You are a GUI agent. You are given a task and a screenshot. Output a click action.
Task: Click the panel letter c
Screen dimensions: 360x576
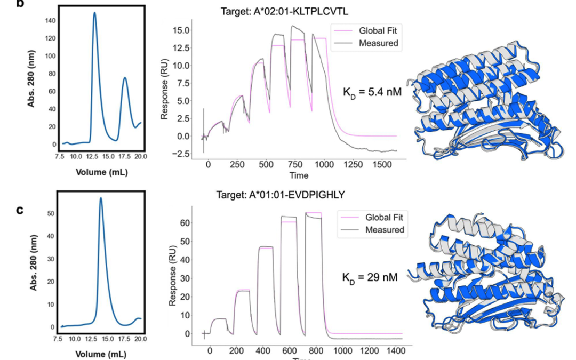[20, 209]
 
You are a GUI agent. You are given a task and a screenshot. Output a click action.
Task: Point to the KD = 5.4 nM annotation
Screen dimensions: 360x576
[372, 92]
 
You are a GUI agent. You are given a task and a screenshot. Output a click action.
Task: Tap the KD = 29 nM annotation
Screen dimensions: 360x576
[370, 277]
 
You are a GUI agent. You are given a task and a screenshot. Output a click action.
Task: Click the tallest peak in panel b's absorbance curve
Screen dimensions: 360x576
[94, 13]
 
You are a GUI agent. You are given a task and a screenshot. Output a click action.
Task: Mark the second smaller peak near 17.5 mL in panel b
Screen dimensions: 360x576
[125, 78]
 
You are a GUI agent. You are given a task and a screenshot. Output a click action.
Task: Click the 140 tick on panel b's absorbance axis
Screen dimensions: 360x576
[52, 21]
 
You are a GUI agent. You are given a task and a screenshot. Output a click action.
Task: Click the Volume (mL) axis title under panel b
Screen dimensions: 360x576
[101, 173]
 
